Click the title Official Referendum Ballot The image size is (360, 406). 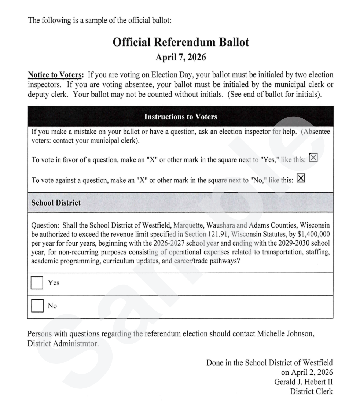pyautogui.click(x=181, y=43)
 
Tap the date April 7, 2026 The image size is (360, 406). pyautogui.click(x=181, y=57)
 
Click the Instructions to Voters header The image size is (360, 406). pyautogui.click(x=181, y=117)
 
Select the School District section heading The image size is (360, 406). pyautogui.click(x=56, y=203)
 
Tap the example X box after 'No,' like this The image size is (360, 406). pyautogui.click(x=301, y=178)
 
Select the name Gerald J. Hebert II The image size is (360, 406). pyautogui.click(x=304, y=382)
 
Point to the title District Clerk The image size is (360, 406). pyautogui.click(x=312, y=391)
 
